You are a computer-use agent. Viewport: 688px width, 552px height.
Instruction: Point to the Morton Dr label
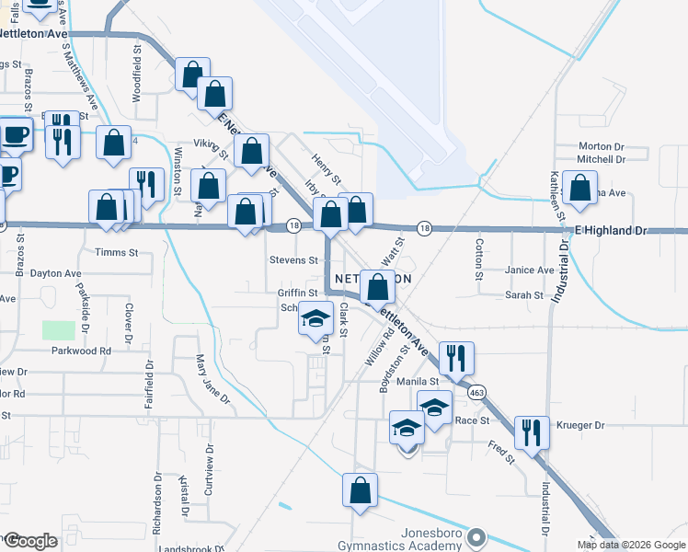coord(602,146)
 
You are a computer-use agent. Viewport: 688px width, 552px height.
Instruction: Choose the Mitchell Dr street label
coord(601,159)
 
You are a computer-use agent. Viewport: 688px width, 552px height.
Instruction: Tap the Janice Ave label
coord(530,270)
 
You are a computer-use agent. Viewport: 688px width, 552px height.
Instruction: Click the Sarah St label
coord(525,295)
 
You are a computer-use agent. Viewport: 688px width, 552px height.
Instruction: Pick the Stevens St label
coord(293,260)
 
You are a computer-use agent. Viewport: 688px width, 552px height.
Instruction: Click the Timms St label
coord(116,252)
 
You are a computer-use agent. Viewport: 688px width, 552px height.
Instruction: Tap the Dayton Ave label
coord(56,273)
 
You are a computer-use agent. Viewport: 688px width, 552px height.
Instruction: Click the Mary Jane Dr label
coord(212,380)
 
